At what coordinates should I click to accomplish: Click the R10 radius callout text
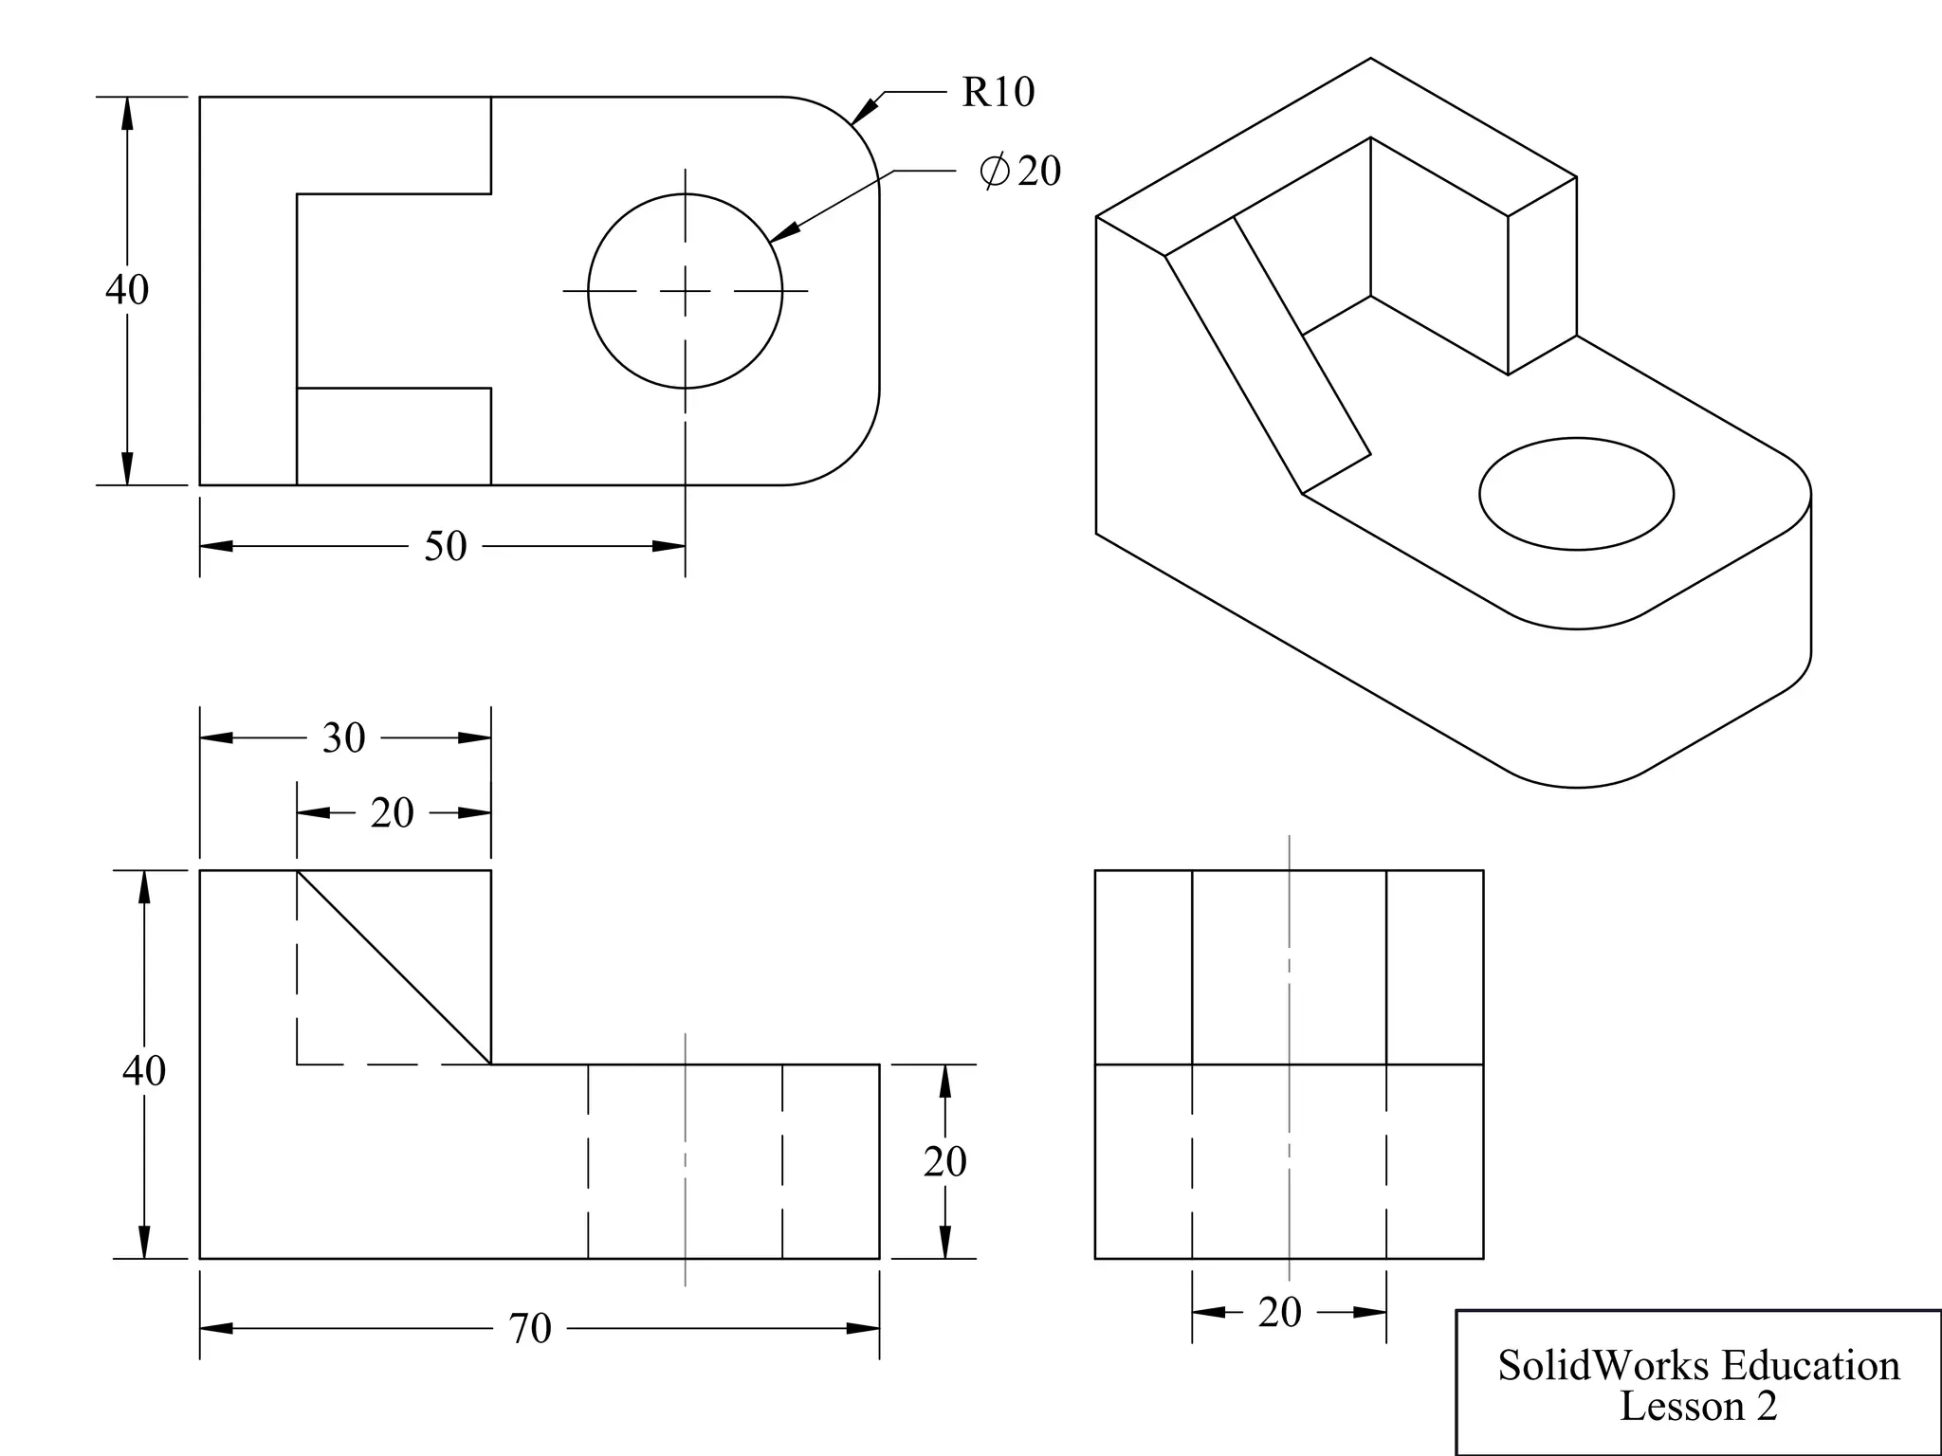998,92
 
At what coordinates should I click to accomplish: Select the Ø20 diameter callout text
1021,171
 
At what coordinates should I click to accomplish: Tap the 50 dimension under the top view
445,546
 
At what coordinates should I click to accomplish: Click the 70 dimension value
529,1328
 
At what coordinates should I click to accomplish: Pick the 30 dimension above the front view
343,737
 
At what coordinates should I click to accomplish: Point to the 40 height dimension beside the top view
126,289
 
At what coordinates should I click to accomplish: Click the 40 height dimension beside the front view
143,1070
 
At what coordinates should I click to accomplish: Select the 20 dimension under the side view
1279,1312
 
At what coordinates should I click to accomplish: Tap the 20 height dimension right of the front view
944,1161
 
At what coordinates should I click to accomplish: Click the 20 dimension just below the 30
392,813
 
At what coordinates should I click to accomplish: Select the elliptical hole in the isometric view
1576,493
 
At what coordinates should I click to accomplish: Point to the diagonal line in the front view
394,967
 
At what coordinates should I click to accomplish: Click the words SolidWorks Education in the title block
1698,1365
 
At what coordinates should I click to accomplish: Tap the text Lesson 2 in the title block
1698,1406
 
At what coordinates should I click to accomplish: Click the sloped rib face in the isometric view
1268,355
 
